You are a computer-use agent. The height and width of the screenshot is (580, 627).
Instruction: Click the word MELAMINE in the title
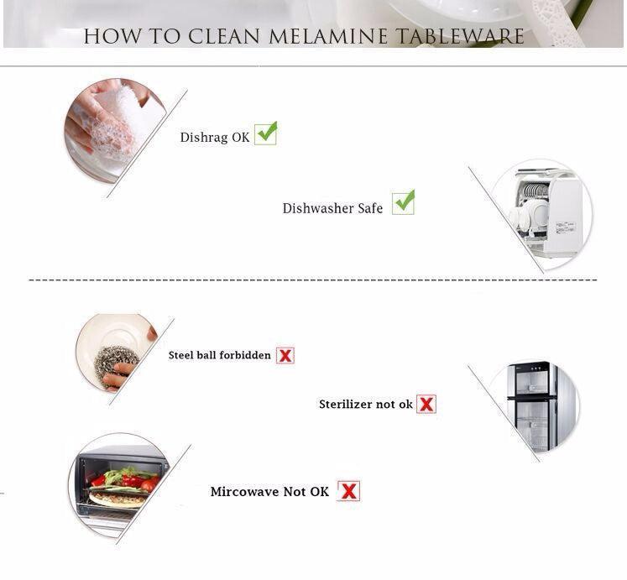point(328,36)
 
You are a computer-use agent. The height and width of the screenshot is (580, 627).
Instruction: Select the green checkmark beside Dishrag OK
point(266,133)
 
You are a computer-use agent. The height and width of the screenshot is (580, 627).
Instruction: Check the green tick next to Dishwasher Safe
point(404,202)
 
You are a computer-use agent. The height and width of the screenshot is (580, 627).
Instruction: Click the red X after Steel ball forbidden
point(285,355)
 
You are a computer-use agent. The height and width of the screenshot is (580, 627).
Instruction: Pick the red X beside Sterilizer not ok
point(426,404)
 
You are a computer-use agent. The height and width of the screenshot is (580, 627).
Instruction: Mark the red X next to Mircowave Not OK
point(348,491)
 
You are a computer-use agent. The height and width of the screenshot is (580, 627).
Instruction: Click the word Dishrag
point(204,137)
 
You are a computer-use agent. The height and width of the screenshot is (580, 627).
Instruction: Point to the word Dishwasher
point(318,208)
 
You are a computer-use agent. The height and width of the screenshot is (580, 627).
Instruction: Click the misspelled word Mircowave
point(245,492)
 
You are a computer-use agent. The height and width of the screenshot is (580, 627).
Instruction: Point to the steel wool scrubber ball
point(116,366)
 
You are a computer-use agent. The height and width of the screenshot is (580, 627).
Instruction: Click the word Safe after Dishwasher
point(370,208)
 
